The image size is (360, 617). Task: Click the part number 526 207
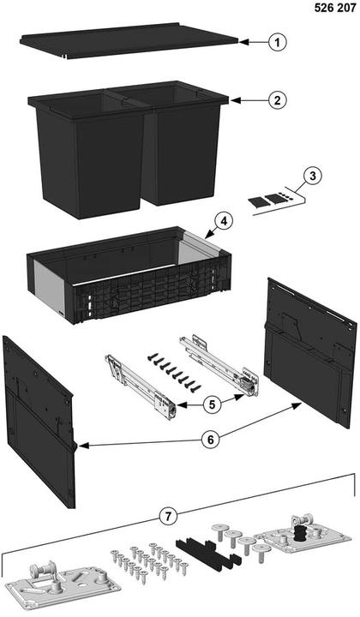pyautogui.click(x=335, y=8)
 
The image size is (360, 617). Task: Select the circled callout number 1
pyautogui.click(x=278, y=42)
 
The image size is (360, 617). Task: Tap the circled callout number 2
pyautogui.click(x=278, y=100)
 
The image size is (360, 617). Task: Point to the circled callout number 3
pyautogui.click(x=312, y=176)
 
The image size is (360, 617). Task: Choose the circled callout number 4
pyautogui.click(x=224, y=222)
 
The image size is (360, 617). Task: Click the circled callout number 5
pyautogui.click(x=213, y=404)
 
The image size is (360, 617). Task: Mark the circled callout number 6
pyautogui.click(x=211, y=440)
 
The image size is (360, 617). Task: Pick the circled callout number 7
pyautogui.click(x=168, y=516)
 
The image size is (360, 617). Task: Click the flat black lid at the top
pyautogui.click(x=129, y=40)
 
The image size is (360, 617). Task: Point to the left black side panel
pyautogui.click(x=39, y=421)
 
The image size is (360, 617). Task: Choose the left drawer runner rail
pyautogui.click(x=141, y=386)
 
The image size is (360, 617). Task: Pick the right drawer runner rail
pyautogui.click(x=219, y=365)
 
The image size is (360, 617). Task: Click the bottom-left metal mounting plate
pyautogui.click(x=63, y=586)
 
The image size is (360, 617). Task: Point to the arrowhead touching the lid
pyautogui.click(x=243, y=41)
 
